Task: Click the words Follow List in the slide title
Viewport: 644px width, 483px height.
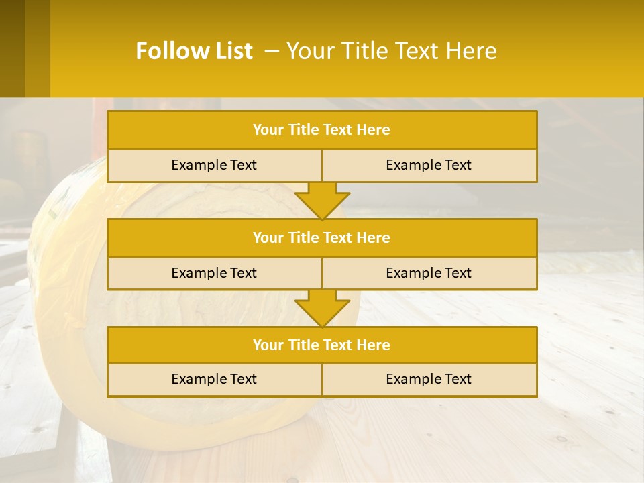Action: (x=194, y=51)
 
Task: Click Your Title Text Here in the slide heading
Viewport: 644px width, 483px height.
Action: (x=392, y=51)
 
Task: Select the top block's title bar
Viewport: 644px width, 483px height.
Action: (x=322, y=130)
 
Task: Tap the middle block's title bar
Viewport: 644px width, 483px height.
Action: (x=322, y=237)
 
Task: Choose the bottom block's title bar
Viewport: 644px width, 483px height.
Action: (x=322, y=345)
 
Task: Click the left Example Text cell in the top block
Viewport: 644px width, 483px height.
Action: (x=214, y=166)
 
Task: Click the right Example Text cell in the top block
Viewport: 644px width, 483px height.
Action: (x=429, y=166)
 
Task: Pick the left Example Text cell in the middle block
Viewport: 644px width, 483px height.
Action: (x=214, y=273)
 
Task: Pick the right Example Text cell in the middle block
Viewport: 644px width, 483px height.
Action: (x=429, y=273)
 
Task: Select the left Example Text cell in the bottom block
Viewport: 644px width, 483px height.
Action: (x=214, y=379)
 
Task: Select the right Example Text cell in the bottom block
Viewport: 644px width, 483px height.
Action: (x=429, y=379)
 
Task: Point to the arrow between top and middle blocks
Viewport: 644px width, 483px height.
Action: (x=322, y=201)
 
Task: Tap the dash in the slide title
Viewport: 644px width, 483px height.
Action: (x=272, y=51)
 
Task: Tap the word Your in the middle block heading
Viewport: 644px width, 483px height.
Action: (x=268, y=237)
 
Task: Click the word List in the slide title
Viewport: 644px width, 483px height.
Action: (x=231, y=51)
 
